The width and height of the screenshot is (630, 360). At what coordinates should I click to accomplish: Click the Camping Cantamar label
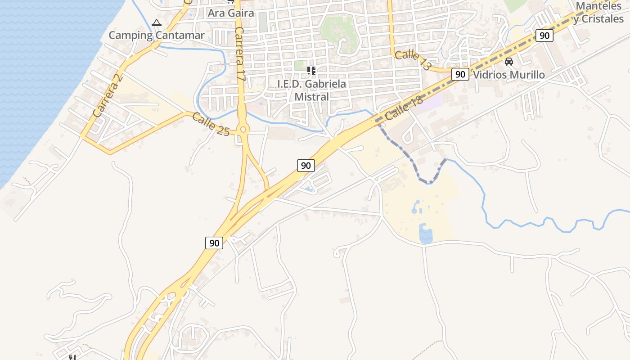coord(157,35)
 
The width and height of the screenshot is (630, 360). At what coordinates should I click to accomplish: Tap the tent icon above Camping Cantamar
coord(156,22)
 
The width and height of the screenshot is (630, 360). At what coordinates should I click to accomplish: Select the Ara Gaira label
coord(231,13)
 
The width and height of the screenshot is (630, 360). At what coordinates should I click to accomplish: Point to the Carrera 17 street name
coord(239,54)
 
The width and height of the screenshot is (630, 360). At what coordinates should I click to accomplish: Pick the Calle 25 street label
coord(211,124)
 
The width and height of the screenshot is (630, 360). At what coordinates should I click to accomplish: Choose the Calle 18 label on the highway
coord(404,108)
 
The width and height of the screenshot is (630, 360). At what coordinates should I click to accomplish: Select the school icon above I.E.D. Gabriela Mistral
coord(311,70)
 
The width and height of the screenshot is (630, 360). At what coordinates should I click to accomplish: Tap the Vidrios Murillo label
coord(509,75)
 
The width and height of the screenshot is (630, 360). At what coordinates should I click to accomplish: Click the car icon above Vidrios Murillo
coord(509,62)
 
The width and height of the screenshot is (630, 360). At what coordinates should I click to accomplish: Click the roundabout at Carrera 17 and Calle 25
coord(243,130)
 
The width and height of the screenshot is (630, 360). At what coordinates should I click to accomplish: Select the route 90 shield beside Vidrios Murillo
coord(460,74)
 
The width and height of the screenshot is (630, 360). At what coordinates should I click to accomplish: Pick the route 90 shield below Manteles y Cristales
coord(544,36)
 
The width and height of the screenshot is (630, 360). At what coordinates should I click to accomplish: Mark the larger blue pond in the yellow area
coord(426,234)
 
